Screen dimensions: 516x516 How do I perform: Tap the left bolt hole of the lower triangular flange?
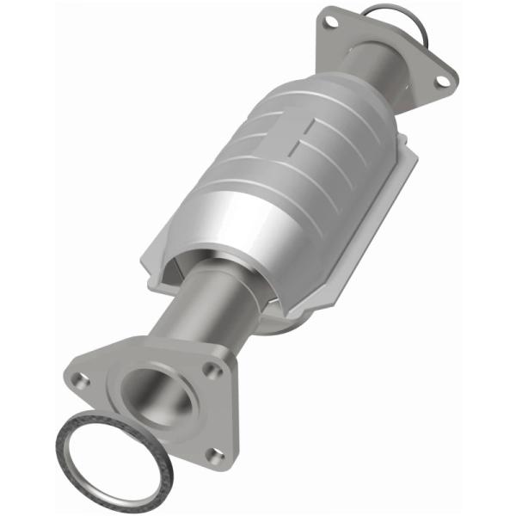pos(80,378)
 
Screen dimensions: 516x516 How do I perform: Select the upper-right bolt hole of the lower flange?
pos(209,371)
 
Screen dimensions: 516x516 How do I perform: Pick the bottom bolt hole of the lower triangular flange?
pos(216,456)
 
